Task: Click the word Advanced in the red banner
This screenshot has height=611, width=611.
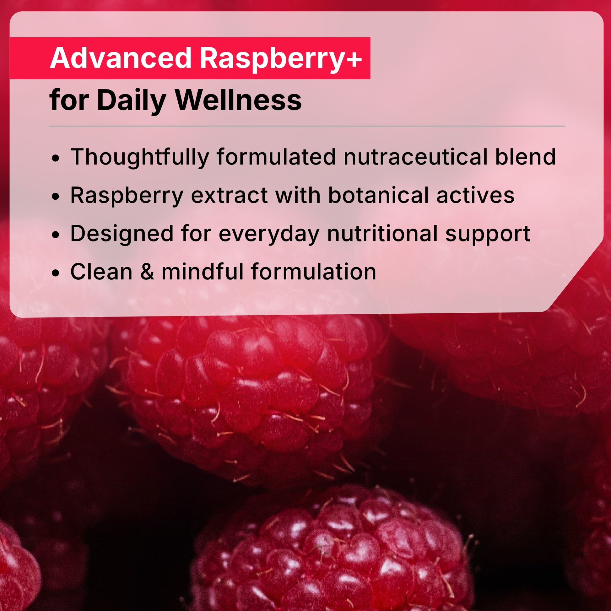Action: tap(121, 58)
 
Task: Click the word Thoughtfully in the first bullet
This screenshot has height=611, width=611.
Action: tap(140, 157)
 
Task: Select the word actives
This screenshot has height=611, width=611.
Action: tap(475, 195)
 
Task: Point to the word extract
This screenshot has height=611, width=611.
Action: tap(229, 195)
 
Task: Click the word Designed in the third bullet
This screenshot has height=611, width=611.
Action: tap(122, 234)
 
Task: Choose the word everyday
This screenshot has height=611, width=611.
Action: tap(269, 234)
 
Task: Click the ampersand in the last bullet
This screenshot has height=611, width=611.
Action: tap(147, 272)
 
